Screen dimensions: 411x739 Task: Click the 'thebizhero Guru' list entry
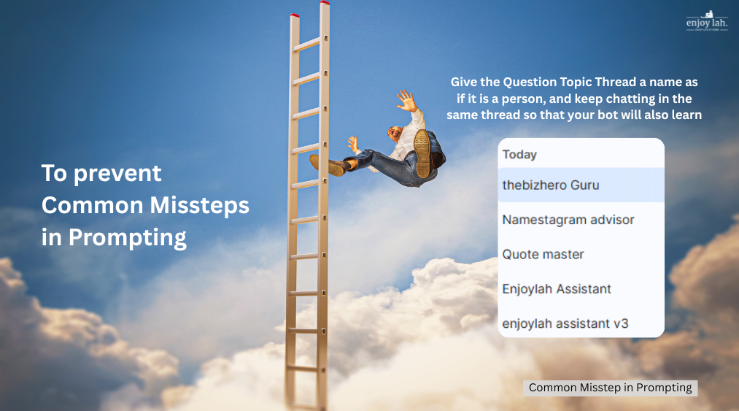(551, 185)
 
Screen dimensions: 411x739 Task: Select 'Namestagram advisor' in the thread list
(568, 220)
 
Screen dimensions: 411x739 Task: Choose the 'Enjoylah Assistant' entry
(557, 288)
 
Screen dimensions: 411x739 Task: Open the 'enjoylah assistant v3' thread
(565, 323)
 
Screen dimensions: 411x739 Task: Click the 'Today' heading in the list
(519, 155)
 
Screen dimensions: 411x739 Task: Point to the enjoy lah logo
(706, 21)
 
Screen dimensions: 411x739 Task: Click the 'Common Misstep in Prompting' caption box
(610, 388)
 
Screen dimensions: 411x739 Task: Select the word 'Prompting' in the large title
(127, 238)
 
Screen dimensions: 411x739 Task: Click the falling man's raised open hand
(405, 99)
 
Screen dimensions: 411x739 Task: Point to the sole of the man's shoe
(422, 153)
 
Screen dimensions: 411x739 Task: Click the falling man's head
(394, 134)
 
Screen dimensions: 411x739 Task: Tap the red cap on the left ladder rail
(294, 15)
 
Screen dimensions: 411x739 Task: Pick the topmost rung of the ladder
(308, 44)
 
